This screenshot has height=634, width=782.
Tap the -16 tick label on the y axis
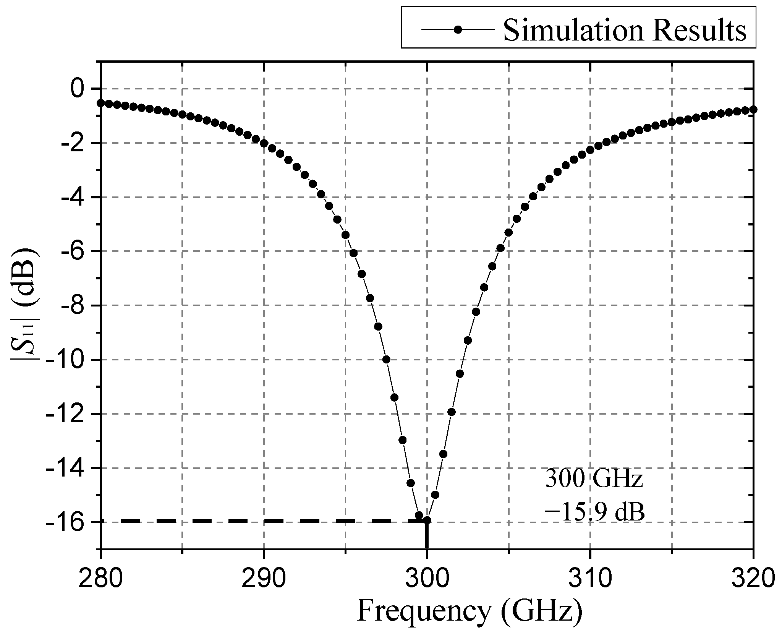pos(66,522)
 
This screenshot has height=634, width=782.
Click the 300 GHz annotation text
pos(594,479)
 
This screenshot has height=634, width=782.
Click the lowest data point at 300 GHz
pos(427,520)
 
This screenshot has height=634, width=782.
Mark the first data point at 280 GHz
pos(100,103)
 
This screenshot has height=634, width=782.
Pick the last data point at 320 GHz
pos(753,110)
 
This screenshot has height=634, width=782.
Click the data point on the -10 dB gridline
pos(386,359)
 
